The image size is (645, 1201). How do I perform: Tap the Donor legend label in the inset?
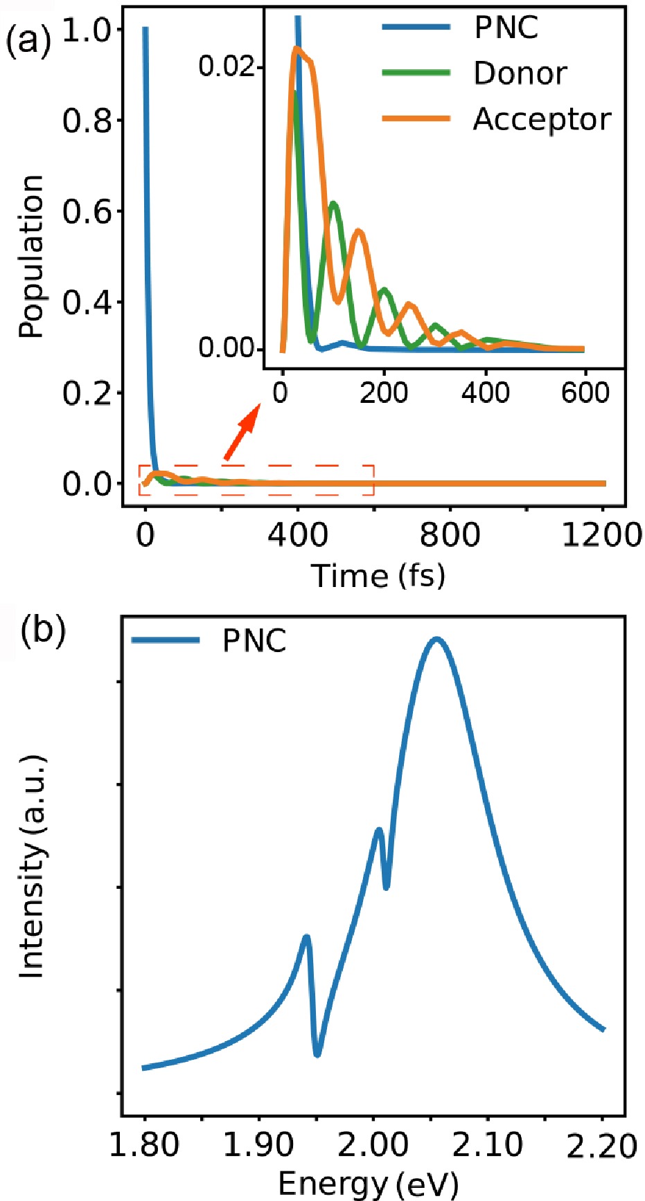pos(520,73)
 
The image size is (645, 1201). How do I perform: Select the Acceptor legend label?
pos(542,119)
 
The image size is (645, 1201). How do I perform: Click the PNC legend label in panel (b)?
pos(254,641)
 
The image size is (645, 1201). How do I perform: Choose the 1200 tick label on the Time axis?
pos(602,534)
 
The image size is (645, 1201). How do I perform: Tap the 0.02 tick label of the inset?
pos(227,66)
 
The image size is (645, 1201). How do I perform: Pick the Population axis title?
pos(31,256)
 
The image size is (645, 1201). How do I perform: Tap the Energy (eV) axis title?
pos(368,1184)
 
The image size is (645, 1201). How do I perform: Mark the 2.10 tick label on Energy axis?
pos(488,1146)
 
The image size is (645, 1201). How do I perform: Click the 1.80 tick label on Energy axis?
pos(144,1146)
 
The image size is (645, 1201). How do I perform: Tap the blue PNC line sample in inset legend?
pos(416,28)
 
